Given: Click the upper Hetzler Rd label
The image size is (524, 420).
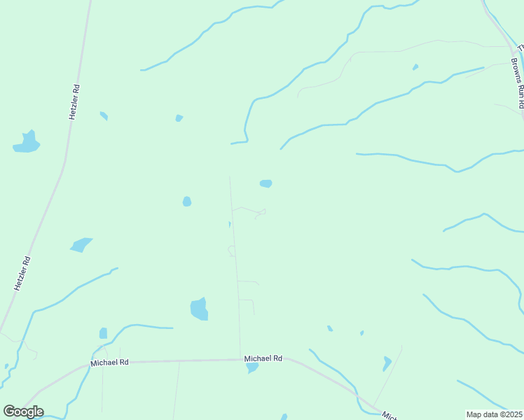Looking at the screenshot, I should click(x=74, y=102).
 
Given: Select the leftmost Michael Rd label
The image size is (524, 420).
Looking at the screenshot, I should click(x=110, y=363).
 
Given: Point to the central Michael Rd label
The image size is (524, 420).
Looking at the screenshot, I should click(x=263, y=358).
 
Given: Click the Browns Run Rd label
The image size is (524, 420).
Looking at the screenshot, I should click(x=517, y=83).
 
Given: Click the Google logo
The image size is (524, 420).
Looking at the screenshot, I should click(x=23, y=412).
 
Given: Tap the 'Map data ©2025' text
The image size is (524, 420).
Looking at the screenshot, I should click(x=494, y=414).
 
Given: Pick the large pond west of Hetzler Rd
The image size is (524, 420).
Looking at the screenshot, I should click(x=27, y=143).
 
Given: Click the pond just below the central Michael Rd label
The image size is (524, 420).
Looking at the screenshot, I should click(x=252, y=367).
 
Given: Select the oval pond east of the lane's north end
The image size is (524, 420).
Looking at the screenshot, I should click(x=266, y=183).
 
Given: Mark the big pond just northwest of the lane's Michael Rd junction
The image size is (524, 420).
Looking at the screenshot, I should click(x=199, y=309).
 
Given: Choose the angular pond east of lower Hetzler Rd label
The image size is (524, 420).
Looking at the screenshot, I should click(x=81, y=245).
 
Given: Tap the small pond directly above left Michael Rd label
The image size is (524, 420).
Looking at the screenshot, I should click(x=104, y=333).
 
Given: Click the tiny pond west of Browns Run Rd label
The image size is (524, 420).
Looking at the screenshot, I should click(x=415, y=67).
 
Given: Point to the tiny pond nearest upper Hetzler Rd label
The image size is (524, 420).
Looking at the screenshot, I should click(x=104, y=115).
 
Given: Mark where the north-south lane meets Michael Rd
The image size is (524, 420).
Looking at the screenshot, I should click(x=240, y=360).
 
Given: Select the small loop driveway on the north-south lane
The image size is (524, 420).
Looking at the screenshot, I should click(x=231, y=251).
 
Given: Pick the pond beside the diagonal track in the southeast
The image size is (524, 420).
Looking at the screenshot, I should click(x=387, y=363).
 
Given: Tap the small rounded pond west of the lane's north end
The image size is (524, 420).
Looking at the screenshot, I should click(x=187, y=202).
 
